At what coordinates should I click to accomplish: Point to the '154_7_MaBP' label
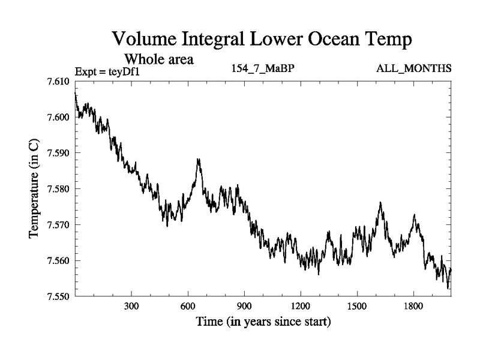point(263,68)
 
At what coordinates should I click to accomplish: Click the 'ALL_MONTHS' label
point(414,68)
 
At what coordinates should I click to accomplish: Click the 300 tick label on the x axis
point(131,307)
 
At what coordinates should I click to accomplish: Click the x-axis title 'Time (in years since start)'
point(263,323)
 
